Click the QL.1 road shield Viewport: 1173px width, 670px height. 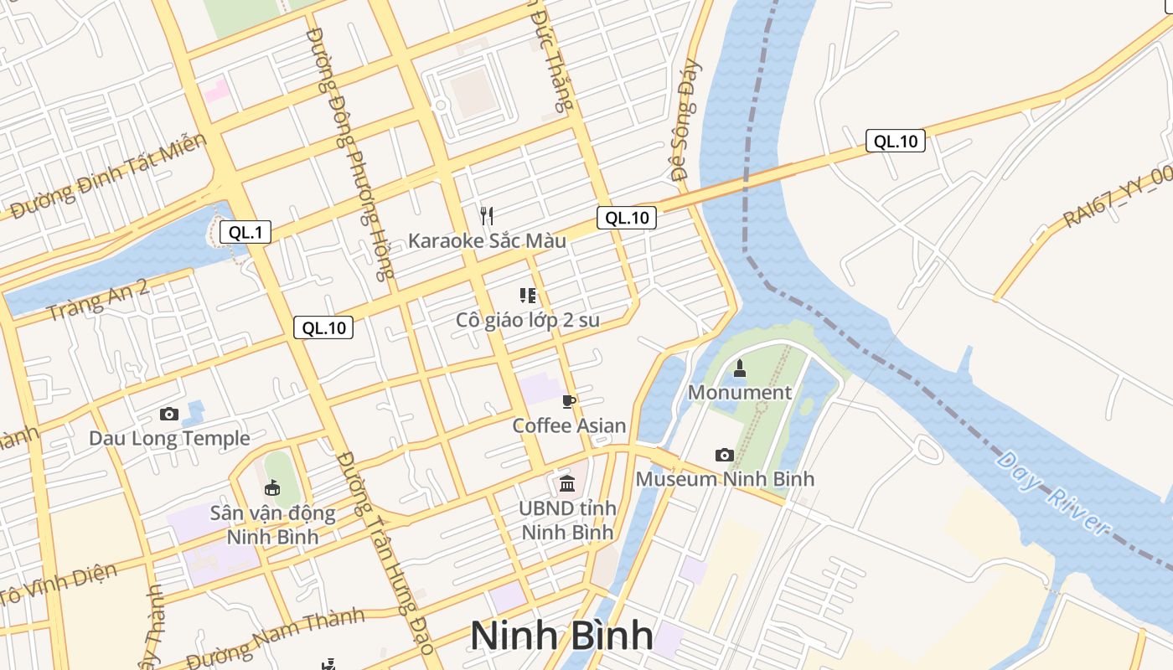(245, 232)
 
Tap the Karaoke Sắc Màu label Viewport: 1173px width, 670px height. (487, 241)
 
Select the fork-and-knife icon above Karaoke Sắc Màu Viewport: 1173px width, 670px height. (487, 215)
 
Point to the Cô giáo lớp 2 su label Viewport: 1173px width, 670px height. (528, 319)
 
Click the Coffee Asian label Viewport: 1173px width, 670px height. (569, 425)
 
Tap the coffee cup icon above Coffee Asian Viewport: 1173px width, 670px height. (570, 402)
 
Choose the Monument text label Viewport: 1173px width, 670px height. (739, 392)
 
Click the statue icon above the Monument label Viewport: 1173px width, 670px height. (739, 368)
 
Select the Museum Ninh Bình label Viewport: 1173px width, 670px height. (725, 479)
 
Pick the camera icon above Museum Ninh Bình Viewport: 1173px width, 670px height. (725, 455)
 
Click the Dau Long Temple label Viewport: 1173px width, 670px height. (169, 438)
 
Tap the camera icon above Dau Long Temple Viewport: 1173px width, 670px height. (168, 414)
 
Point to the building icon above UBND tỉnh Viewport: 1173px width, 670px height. (567, 483)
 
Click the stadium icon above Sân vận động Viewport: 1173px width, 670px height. (272, 487)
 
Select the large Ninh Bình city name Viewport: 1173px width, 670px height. (561, 636)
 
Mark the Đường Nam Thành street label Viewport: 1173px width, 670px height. (276, 638)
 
